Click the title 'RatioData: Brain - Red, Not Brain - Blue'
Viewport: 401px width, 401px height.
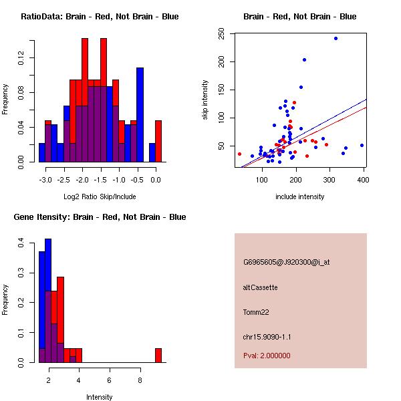(x=100, y=17)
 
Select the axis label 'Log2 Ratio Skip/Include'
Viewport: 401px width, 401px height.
(x=100, y=196)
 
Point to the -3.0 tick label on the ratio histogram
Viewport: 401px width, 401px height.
(x=45, y=180)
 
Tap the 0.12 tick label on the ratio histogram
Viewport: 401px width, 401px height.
(x=22, y=59)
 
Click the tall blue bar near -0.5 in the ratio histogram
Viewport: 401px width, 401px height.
(x=140, y=114)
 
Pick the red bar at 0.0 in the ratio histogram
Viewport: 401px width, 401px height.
(x=158, y=140)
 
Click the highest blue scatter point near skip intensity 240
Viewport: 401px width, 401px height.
(x=336, y=38)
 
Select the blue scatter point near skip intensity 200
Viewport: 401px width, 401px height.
(x=304, y=59)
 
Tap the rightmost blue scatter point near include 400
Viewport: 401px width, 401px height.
(x=362, y=145)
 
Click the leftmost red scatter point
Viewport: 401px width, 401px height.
(x=239, y=154)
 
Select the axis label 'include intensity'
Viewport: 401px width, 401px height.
(x=299, y=196)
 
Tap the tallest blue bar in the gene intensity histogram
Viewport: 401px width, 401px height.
(x=48, y=300)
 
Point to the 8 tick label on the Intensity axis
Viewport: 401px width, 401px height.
(x=140, y=380)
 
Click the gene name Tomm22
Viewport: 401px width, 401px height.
(x=255, y=312)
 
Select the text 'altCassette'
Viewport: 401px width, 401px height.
(x=260, y=287)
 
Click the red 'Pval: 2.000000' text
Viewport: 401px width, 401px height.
(x=267, y=356)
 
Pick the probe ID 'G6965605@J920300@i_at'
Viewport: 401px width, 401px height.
(x=286, y=262)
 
